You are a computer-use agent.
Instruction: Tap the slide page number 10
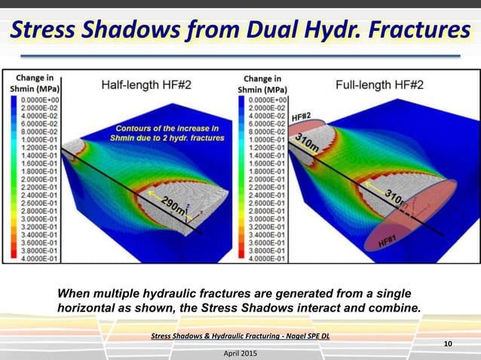[x=448, y=344]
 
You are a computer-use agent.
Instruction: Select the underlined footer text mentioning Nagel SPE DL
[x=240, y=337]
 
